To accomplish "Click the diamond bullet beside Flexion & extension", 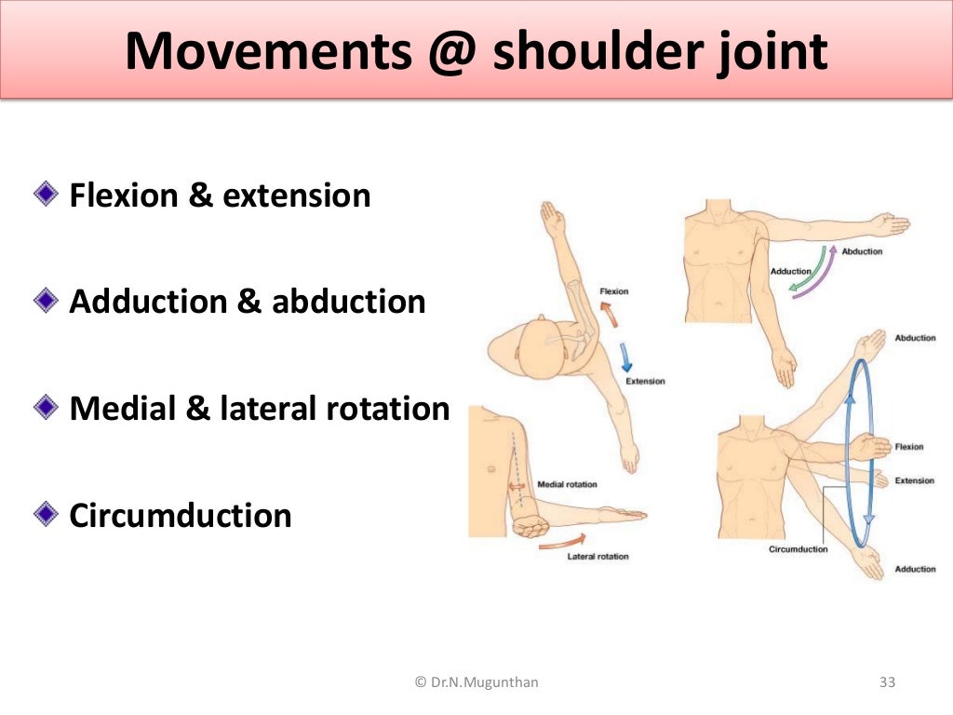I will click(x=46, y=194).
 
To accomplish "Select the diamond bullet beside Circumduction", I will click(x=46, y=513).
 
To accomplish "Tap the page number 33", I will click(x=886, y=682).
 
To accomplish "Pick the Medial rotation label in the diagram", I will click(x=567, y=484).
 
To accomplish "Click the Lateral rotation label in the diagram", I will click(x=597, y=556).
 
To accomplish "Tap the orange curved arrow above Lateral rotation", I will click(x=562, y=539).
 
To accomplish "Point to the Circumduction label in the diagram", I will click(x=798, y=548).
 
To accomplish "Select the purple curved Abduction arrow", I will click(x=819, y=275).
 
